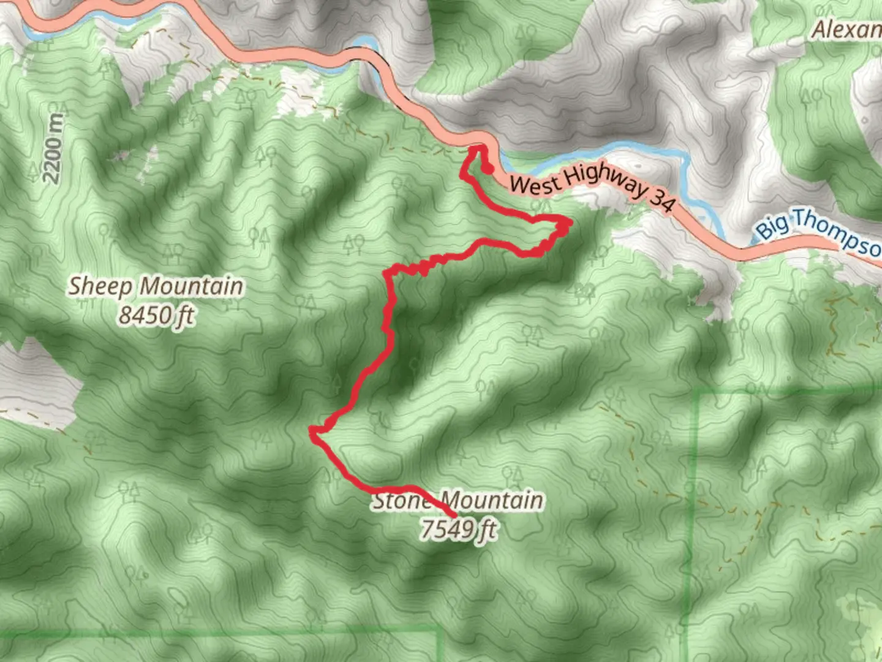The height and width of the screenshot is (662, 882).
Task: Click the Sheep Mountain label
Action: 156,286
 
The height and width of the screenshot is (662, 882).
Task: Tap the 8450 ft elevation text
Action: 156,316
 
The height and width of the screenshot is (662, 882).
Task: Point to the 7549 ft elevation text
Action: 458,528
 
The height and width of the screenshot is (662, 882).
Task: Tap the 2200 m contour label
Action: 53,148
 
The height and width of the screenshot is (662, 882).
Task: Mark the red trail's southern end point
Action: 454,514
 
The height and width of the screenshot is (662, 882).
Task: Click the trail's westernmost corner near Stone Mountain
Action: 314,433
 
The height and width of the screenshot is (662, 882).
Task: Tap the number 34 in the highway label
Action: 661,199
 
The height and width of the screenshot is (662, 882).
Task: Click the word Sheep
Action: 100,286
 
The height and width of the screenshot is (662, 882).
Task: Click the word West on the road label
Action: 535,184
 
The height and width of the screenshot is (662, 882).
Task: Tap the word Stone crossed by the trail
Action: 402,501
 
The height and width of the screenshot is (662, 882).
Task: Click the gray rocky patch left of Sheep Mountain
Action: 37,380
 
